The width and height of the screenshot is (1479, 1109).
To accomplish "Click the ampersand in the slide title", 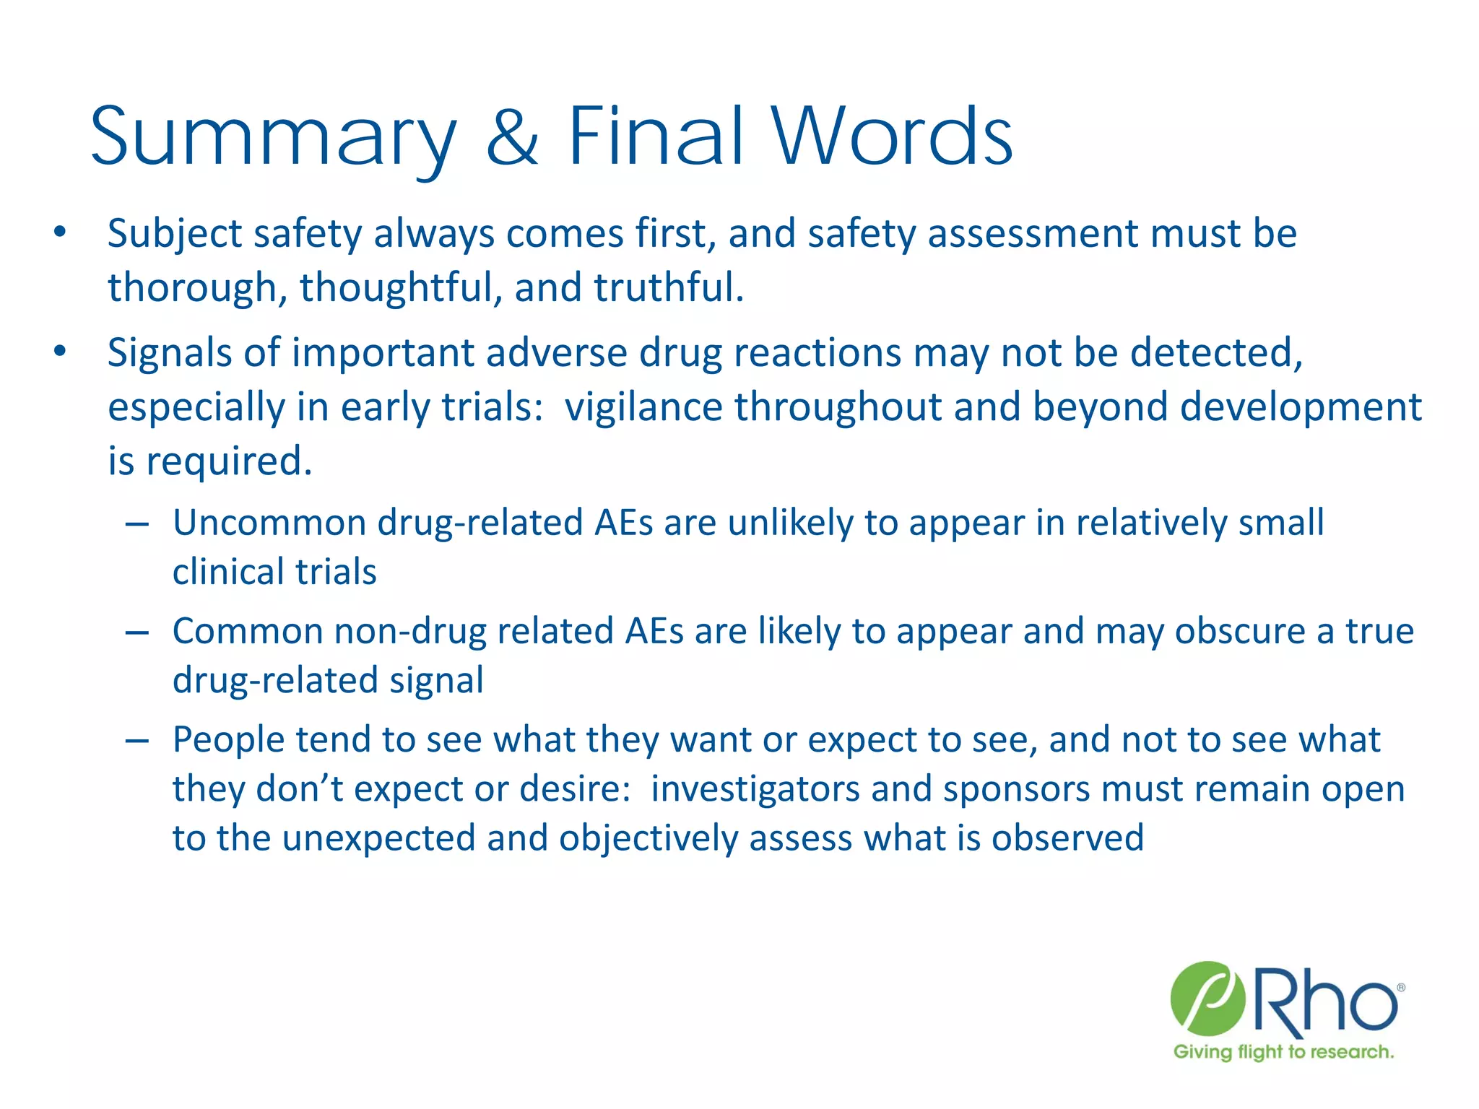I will point(512,136).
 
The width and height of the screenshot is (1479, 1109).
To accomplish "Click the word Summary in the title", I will point(273,136).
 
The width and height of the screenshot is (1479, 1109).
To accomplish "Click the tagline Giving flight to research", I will point(1283,1052).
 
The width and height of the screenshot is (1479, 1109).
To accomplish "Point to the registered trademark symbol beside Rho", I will point(1400,988).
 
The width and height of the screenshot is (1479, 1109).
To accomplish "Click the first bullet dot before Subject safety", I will point(60,232).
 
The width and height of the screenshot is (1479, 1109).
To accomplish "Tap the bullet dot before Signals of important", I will point(60,352).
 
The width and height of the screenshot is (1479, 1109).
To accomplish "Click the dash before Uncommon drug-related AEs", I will point(137,523).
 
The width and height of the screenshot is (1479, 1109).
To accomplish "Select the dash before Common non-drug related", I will point(137,632).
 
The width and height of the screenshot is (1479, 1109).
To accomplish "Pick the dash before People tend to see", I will point(137,740).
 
